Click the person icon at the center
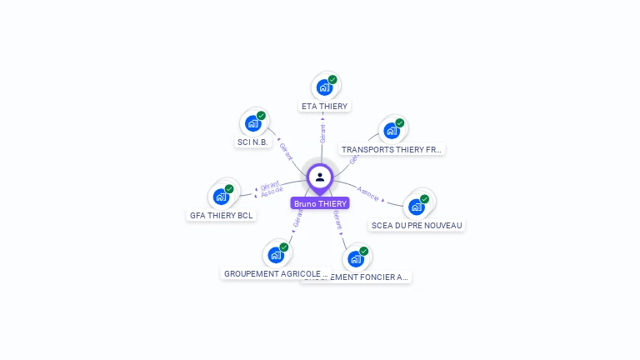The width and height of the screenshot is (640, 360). click(320, 177)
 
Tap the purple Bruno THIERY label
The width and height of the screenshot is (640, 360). click(320, 203)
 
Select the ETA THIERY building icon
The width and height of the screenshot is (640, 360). click(324, 87)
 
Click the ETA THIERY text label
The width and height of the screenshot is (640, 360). click(324, 107)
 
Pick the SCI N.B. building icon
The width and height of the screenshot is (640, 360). click(252, 123)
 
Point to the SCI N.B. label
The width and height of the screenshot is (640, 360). click(254, 142)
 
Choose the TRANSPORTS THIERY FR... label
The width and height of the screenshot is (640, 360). click(392, 150)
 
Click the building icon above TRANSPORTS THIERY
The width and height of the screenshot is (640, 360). click(391, 131)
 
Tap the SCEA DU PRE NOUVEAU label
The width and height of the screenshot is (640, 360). click(416, 225)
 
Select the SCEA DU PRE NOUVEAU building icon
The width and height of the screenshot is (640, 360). click(416, 207)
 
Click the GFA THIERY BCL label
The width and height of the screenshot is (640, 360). click(221, 215)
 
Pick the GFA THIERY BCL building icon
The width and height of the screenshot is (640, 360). click(221, 197)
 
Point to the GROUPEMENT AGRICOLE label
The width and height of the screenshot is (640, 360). click(275, 273)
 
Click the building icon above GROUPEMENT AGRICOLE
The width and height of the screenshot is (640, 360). click(275, 255)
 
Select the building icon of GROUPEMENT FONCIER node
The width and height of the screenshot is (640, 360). click(355, 258)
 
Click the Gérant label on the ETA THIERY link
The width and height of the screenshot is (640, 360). click(322, 132)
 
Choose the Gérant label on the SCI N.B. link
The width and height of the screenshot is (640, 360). click(287, 152)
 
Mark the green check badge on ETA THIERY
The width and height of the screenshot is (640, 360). click(332, 80)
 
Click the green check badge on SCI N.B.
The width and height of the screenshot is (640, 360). click(261, 116)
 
